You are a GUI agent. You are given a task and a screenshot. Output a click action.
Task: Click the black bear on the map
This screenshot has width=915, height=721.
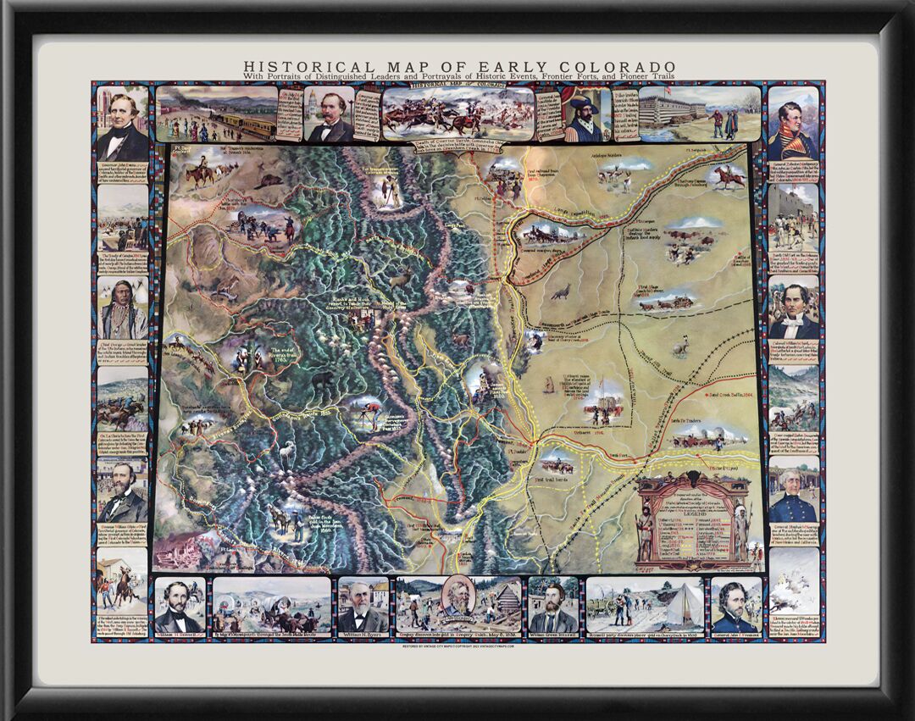[x=322, y=382]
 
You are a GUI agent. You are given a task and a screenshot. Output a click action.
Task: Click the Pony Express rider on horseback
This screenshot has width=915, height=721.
[x=728, y=176]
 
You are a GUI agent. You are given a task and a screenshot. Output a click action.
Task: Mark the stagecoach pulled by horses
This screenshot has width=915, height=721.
[x=669, y=301]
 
